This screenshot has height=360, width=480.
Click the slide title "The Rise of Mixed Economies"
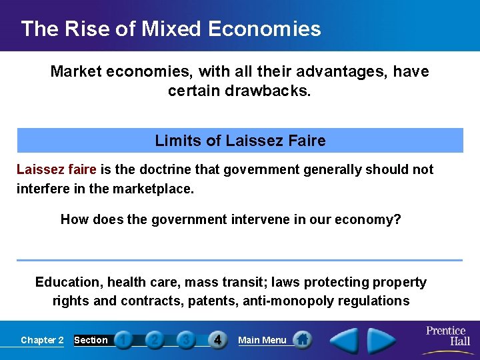click(171, 29)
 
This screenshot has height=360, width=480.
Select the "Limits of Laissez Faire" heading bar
click(240, 141)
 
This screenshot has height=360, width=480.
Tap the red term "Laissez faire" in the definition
click(57, 169)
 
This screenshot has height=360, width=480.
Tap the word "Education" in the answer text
click(65, 282)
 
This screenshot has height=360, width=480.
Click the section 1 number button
click(123, 340)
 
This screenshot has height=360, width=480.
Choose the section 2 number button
click(155, 340)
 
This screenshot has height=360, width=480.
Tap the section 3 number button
click(186, 340)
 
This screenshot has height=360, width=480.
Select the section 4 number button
click(217, 340)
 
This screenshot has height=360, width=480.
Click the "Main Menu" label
click(262, 340)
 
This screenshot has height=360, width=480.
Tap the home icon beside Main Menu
click(302, 339)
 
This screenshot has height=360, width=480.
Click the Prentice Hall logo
click(447, 335)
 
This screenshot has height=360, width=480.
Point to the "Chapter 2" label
click(42, 340)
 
